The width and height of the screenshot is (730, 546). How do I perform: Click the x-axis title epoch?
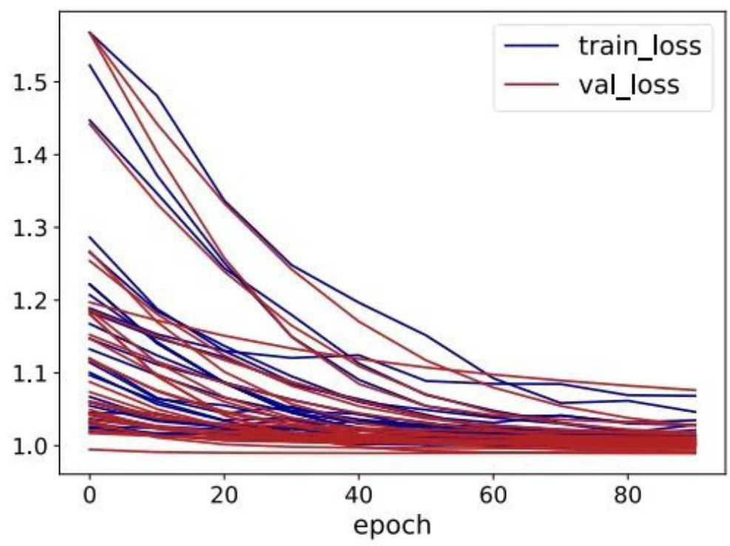(392, 525)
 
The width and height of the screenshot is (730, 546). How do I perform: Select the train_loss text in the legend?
(638, 46)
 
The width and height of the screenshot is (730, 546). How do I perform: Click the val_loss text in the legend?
(629, 84)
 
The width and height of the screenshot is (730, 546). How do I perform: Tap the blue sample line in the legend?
(531, 47)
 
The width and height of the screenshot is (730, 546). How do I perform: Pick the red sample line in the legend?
(531, 85)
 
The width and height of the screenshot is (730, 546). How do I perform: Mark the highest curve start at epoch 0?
(89, 32)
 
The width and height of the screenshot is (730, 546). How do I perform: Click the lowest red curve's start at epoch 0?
(89, 449)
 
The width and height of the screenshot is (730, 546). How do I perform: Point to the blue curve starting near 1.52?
(89, 64)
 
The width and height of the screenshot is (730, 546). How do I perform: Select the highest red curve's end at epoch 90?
(695, 390)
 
